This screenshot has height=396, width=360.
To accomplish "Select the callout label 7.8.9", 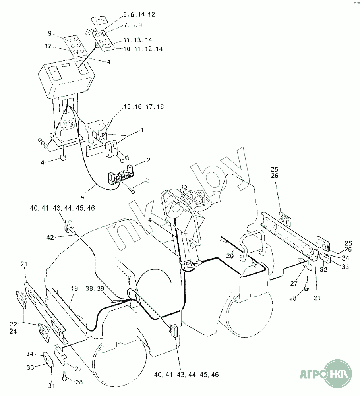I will point(133,25).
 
